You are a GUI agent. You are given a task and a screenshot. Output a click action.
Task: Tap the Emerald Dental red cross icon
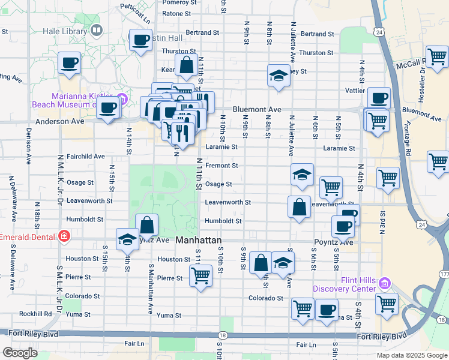pyautogui.click(x=64, y=237)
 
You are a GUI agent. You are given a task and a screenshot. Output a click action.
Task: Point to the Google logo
pyautogui.click(x=20, y=352)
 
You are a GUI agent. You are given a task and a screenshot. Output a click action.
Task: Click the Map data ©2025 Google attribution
pyautogui.click(x=412, y=355)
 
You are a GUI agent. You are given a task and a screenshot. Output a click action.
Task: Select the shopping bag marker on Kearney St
pyautogui.click(x=186, y=64)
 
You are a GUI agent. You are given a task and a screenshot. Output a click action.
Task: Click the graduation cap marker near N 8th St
pyautogui.click(x=277, y=76)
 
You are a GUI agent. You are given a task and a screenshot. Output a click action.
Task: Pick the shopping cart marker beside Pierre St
pyautogui.click(x=200, y=276)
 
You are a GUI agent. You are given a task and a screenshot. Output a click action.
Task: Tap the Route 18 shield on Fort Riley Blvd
pyautogui.click(x=223, y=336)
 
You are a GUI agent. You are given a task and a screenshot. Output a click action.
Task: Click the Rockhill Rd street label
pyautogui.click(x=35, y=313)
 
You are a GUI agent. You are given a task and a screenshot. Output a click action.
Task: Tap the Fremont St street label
pyautogui.click(x=221, y=165)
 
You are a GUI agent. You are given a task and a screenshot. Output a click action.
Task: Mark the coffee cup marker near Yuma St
pyautogui.click(x=327, y=310)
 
